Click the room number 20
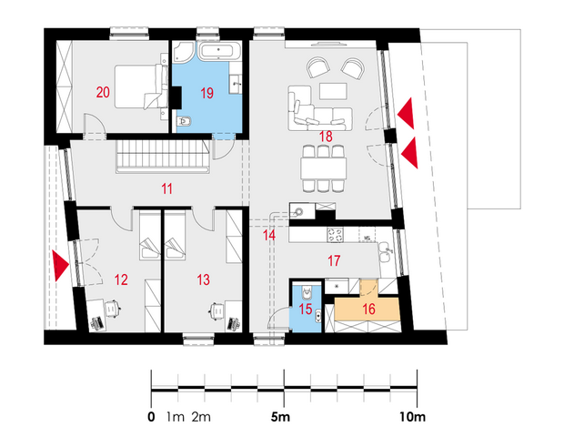tap(103, 93)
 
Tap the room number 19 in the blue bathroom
tap(206, 93)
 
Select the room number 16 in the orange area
tap(368, 309)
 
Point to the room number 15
tap(306, 309)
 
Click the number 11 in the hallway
tap(166, 188)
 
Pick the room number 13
tap(203, 279)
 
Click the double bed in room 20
tap(141, 86)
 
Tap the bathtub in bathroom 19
tap(219, 51)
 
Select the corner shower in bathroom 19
tap(184, 52)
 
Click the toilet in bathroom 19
tap(184, 122)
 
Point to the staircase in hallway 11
tap(163, 157)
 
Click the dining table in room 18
tap(324, 168)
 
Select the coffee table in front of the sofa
tap(334, 91)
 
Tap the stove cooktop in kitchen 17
tap(335, 235)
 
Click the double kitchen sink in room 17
tap(386, 254)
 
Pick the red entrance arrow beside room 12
tap(60, 266)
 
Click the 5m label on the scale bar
tap(280, 417)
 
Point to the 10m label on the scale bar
tap(412, 417)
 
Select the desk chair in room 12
tap(112, 309)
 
